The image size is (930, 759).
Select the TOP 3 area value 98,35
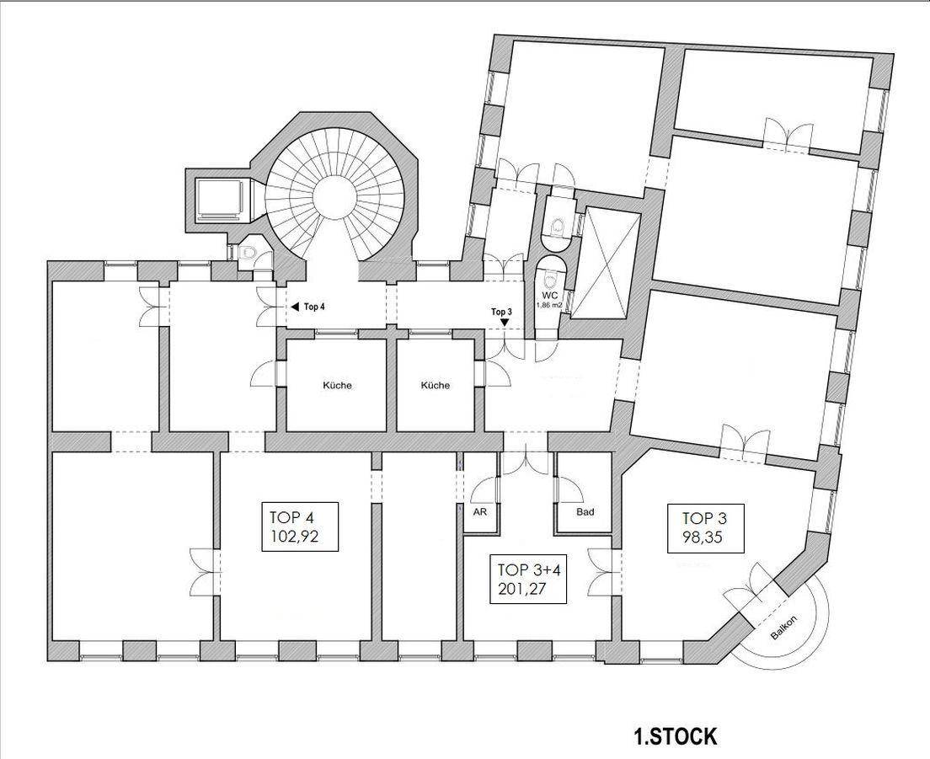tap(704, 537)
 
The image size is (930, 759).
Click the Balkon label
tap(784, 627)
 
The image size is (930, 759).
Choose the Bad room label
tap(585, 511)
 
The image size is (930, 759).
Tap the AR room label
tap(480, 511)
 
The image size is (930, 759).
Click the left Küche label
tap(338, 386)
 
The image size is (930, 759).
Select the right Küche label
tap(436, 386)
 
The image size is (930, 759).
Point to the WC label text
tap(550, 295)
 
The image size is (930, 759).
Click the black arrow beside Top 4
tap(294, 307)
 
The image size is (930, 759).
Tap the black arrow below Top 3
tap(504, 322)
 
